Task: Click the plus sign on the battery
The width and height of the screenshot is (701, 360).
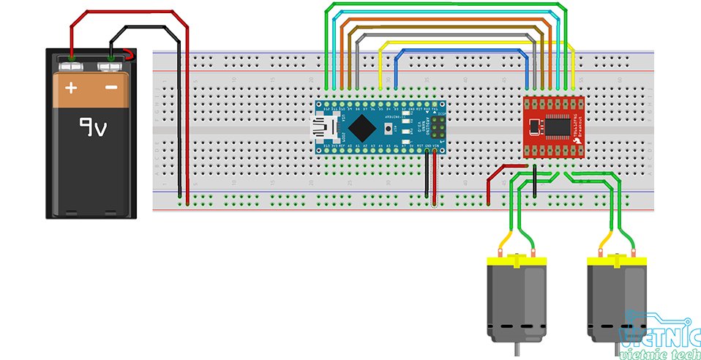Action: pyautogui.click(x=71, y=89)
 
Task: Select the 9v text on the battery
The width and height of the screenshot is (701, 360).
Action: pyautogui.click(x=94, y=130)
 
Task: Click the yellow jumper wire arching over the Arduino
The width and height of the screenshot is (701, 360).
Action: pyautogui.click(x=476, y=42)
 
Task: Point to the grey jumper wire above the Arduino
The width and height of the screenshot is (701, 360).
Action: pyautogui.click(x=446, y=34)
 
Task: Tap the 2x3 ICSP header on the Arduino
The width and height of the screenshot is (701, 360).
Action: pyautogui.click(x=436, y=132)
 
